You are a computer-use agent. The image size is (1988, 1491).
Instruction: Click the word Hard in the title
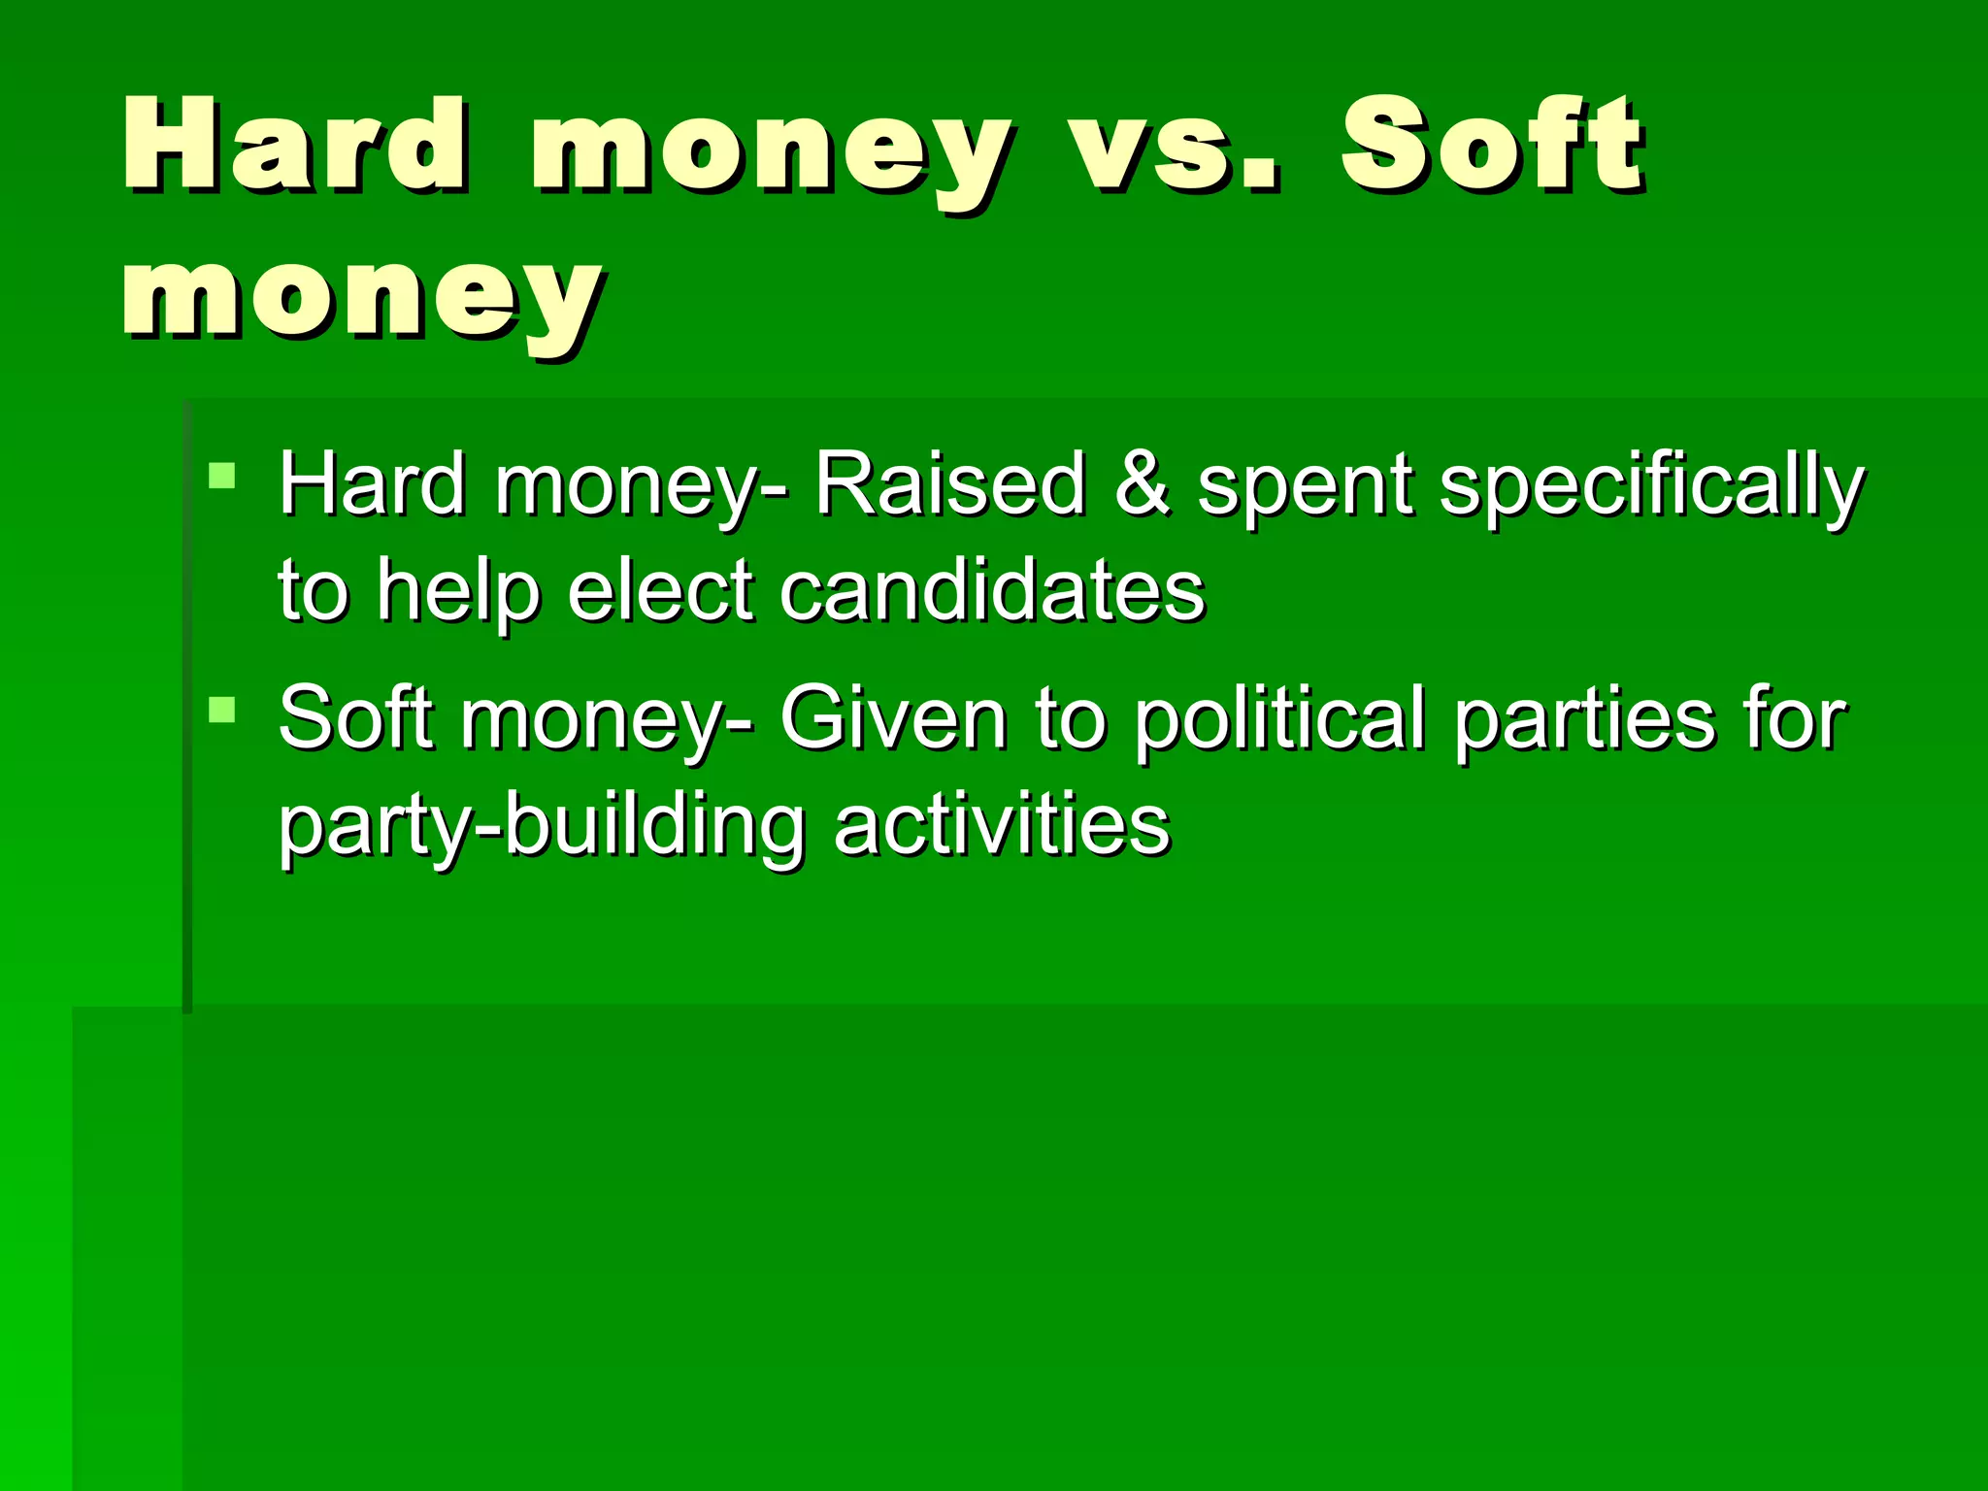(x=297, y=146)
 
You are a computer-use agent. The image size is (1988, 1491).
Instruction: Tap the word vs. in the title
(x=1175, y=146)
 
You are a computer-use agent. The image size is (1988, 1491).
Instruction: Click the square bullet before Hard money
(x=222, y=476)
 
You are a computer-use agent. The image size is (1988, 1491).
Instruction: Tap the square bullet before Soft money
(x=222, y=710)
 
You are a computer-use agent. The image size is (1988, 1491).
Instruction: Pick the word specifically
(x=1651, y=485)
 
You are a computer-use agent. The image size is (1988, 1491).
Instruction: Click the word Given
(x=893, y=718)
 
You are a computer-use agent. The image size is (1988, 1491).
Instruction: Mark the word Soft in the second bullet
(x=354, y=718)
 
